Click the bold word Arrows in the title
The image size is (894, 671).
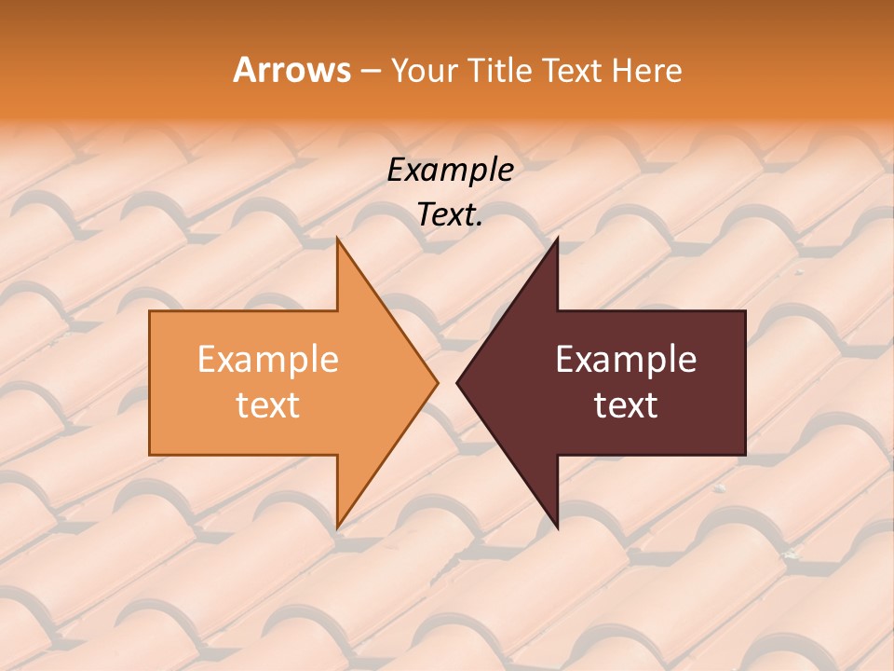(x=291, y=70)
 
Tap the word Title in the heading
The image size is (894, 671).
(x=503, y=71)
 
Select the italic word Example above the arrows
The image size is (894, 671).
(x=450, y=170)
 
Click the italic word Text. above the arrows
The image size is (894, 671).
(x=450, y=214)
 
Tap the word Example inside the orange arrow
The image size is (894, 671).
(x=267, y=360)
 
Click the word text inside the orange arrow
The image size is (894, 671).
(x=267, y=404)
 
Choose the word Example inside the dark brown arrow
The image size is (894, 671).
(x=626, y=360)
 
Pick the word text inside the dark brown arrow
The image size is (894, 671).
(x=626, y=404)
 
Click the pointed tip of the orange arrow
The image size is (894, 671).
(x=437, y=382)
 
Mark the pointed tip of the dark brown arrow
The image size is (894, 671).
(x=457, y=382)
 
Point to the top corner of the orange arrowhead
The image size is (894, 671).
(x=337, y=239)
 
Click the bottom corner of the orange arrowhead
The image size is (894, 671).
(x=337, y=528)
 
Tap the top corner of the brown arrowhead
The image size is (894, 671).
(x=557, y=239)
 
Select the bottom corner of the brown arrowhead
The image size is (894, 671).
(x=557, y=528)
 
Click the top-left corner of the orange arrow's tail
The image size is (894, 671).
(x=150, y=311)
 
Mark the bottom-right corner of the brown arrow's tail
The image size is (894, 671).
(x=745, y=455)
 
